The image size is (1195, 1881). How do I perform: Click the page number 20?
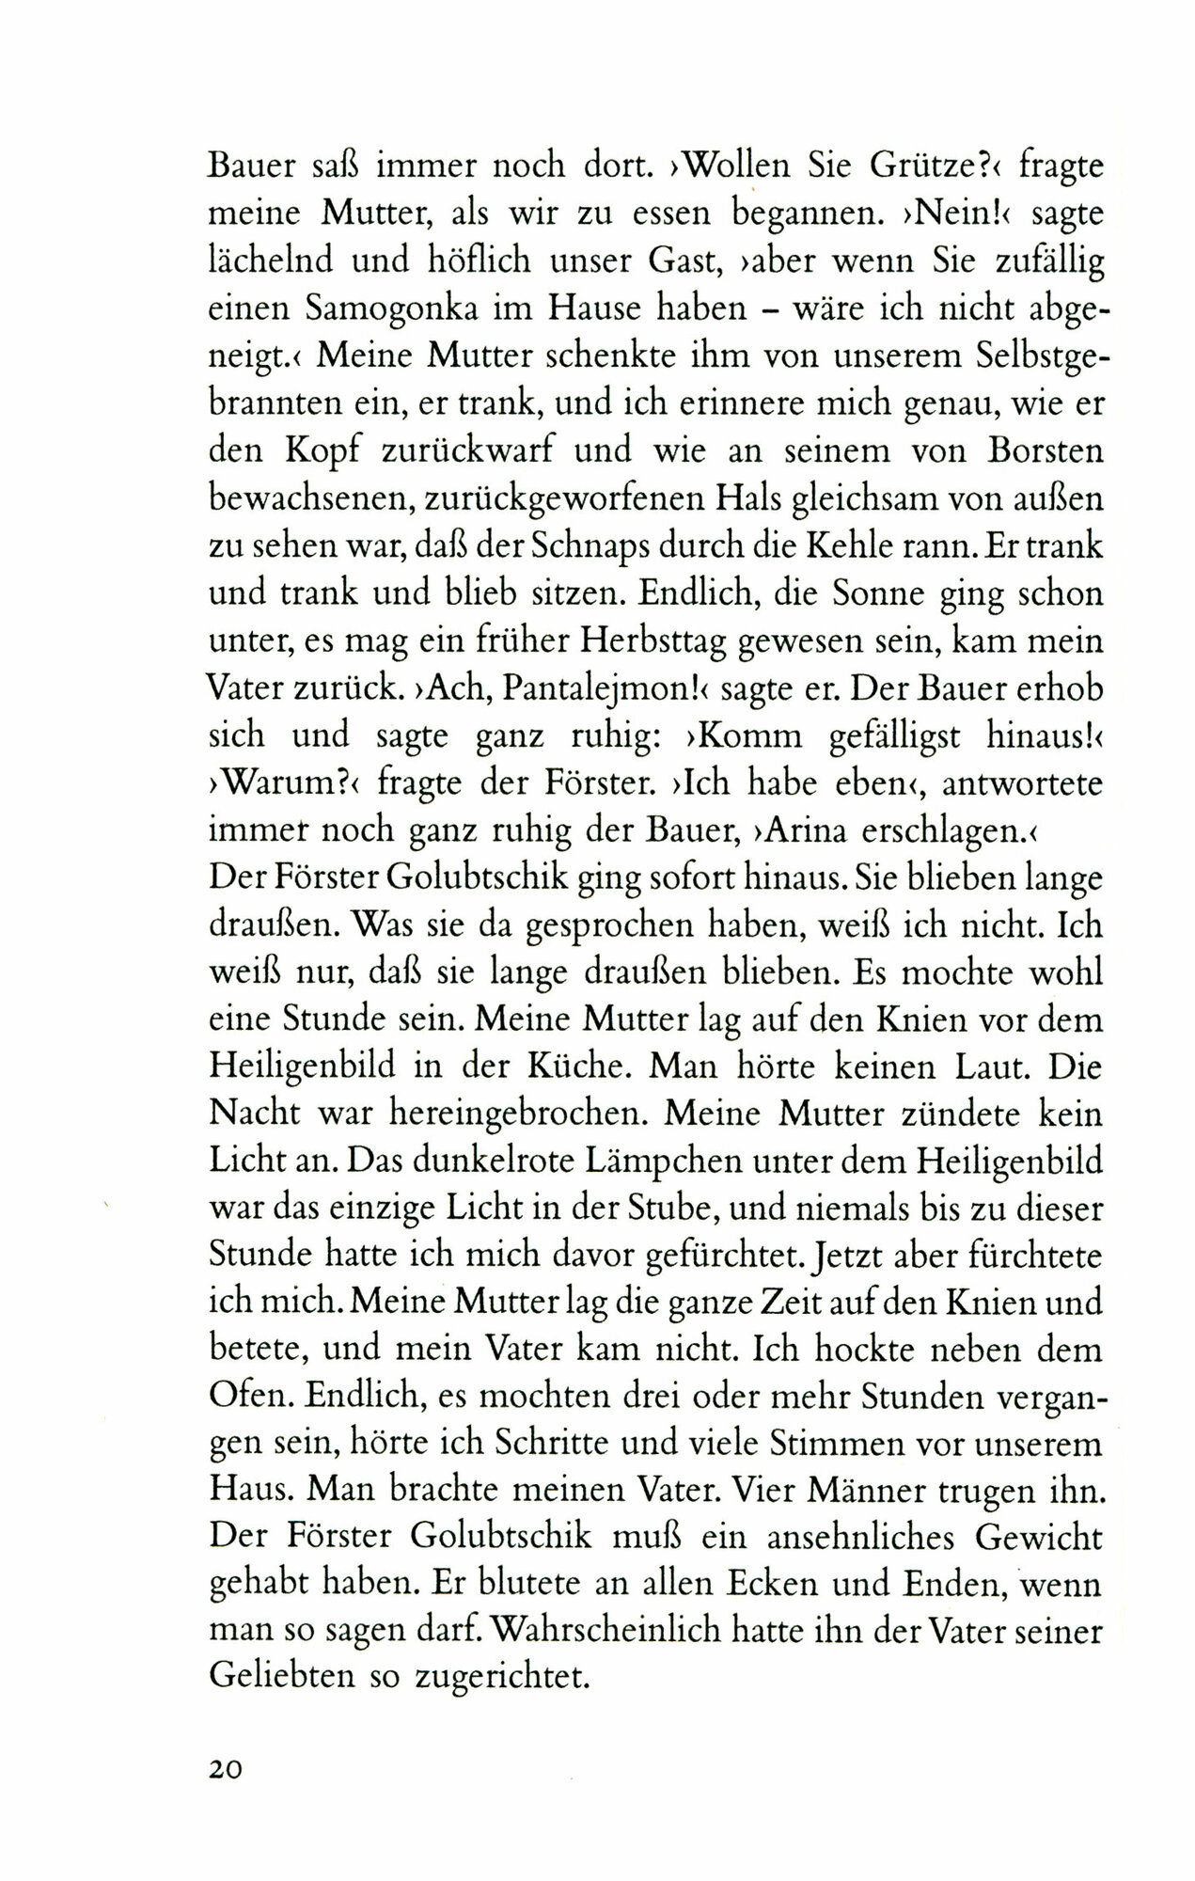click(x=226, y=1769)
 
